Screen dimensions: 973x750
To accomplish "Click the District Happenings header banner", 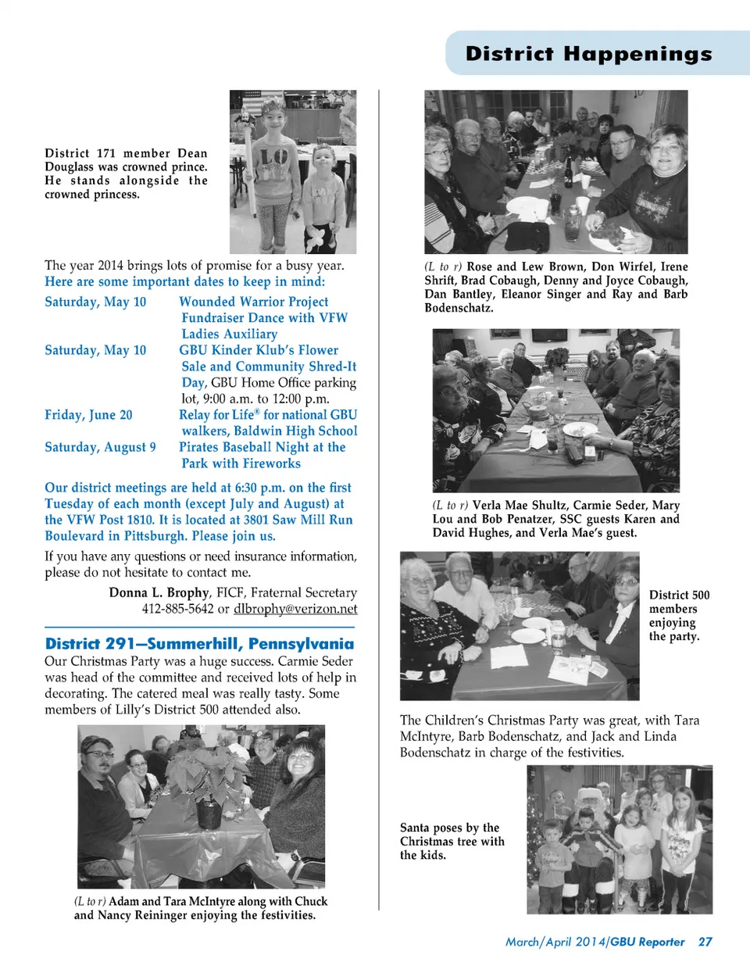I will [x=588, y=53].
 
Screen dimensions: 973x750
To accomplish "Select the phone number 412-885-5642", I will [x=177, y=609].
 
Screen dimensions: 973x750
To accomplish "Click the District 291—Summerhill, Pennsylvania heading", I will [x=199, y=644].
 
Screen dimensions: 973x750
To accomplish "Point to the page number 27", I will [x=705, y=942].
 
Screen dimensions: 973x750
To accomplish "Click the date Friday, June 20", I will [x=88, y=415].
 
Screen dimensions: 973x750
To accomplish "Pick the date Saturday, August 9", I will [x=100, y=447].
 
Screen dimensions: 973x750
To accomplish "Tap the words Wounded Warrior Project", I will [x=253, y=302].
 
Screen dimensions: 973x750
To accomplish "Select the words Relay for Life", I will [x=216, y=415].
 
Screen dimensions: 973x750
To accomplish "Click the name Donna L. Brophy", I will [x=159, y=592].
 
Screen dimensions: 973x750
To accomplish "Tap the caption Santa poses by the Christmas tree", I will [x=452, y=841].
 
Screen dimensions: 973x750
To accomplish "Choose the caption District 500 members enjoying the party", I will [x=678, y=616].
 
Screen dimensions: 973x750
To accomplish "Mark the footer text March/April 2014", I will [x=555, y=942].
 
